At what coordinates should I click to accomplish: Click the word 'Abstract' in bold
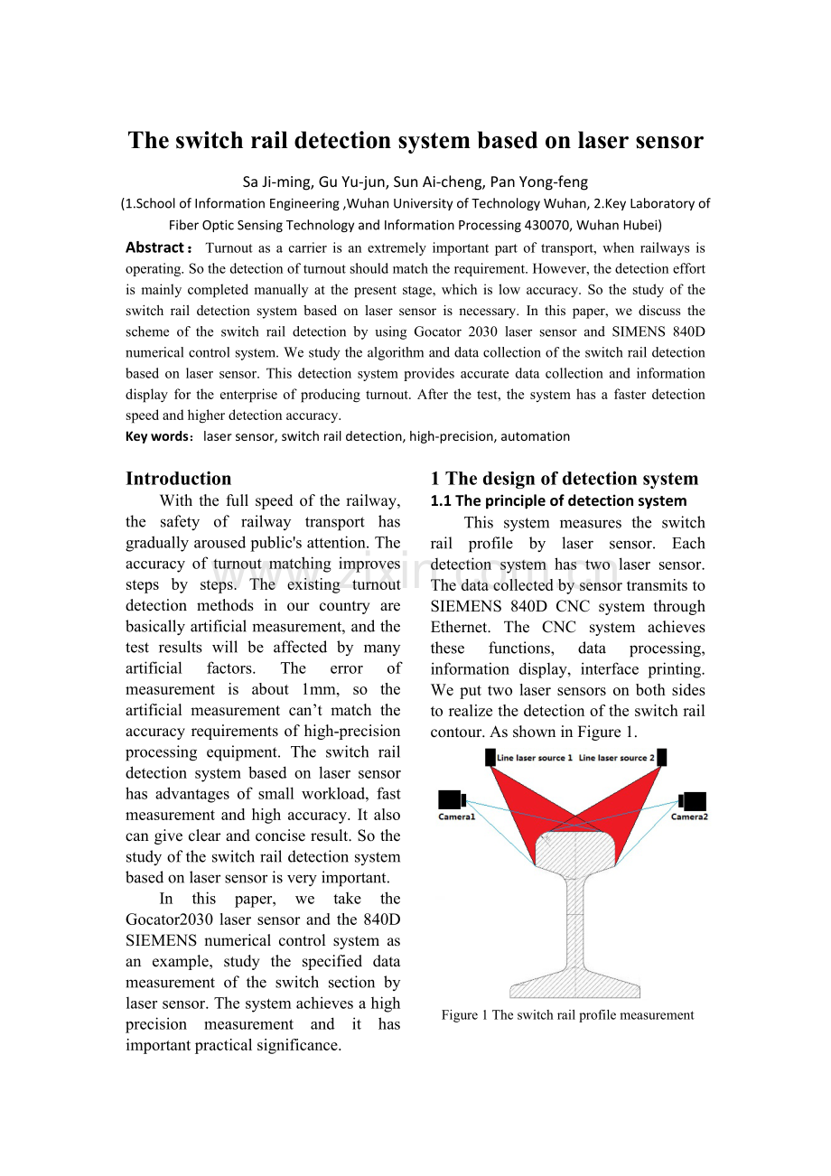click(154, 247)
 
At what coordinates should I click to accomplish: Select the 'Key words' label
click(157, 436)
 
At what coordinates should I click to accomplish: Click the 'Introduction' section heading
click(178, 479)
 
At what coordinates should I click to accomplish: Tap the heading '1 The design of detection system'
click(564, 479)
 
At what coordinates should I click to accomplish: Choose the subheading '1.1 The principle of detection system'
click(558, 500)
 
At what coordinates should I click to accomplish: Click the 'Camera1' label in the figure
click(457, 817)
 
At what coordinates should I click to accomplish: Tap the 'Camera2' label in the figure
click(688, 817)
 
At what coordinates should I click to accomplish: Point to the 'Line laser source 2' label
click(616, 758)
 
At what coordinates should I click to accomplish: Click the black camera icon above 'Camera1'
click(452, 800)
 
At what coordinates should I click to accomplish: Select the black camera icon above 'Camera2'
click(693, 800)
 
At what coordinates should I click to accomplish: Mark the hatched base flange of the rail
click(574, 983)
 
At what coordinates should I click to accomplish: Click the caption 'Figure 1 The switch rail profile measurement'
click(567, 1015)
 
